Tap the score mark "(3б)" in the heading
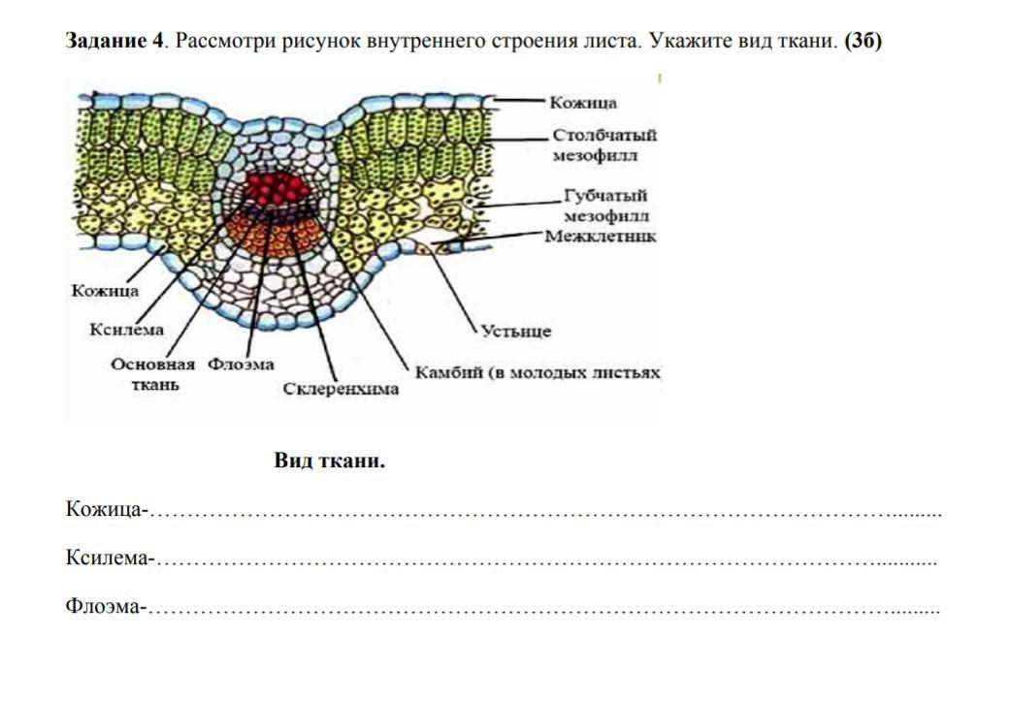(x=863, y=42)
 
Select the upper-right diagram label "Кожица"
(x=583, y=103)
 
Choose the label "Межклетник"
(x=601, y=236)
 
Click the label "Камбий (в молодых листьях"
(x=538, y=372)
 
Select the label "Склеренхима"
(x=342, y=389)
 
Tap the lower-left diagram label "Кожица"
(x=106, y=289)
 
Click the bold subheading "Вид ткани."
(x=330, y=461)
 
